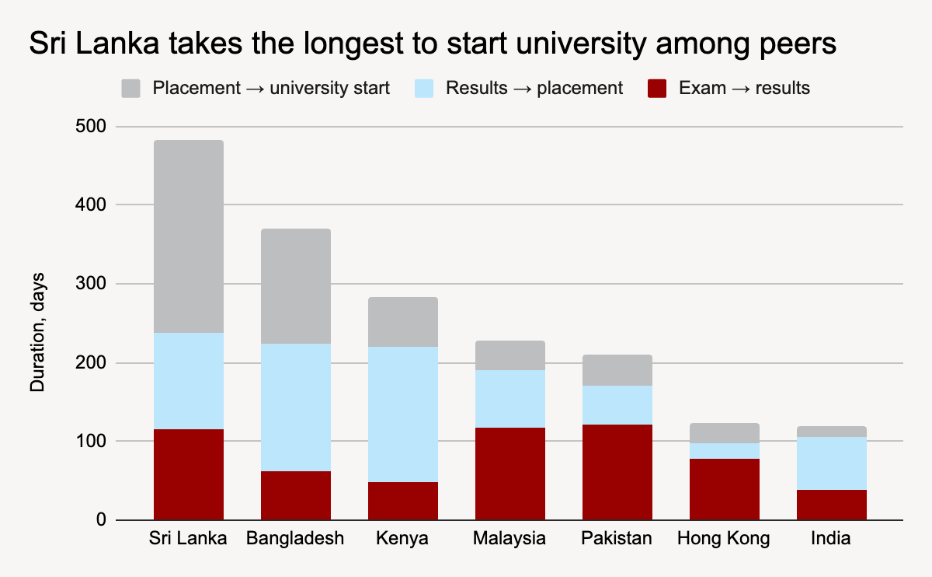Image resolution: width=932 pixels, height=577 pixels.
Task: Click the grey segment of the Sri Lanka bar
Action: [x=189, y=236]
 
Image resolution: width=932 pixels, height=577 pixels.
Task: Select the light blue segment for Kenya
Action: [x=403, y=414]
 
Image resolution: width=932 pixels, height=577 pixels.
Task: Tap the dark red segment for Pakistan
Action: [x=617, y=472]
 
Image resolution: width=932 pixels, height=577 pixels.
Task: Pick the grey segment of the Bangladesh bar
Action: [x=296, y=286]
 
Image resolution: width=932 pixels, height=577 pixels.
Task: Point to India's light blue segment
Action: [x=832, y=463]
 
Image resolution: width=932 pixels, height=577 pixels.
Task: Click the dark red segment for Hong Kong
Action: [x=725, y=489]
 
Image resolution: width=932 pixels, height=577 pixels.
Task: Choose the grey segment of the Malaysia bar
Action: [x=510, y=355]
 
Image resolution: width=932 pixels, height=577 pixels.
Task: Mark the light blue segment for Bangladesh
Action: [x=296, y=407]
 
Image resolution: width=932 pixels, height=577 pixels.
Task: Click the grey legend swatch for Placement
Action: [x=130, y=89]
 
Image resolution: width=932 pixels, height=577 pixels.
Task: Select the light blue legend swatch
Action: [x=424, y=89]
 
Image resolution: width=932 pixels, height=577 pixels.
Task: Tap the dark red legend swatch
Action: [x=657, y=89]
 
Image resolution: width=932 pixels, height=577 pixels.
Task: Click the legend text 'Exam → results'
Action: [x=744, y=88]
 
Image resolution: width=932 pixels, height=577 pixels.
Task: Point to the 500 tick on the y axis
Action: [x=91, y=126]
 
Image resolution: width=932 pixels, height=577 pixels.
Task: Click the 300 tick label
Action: [x=91, y=283]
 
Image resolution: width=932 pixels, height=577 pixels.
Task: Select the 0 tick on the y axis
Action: [x=101, y=519]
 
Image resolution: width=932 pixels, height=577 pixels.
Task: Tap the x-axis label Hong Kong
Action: [x=724, y=538]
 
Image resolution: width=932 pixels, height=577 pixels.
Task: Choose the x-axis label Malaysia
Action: [x=509, y=538]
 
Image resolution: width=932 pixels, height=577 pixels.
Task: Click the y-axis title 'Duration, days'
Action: [x=37, y=333]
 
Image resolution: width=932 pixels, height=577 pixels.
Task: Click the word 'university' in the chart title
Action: [x=581, y=44]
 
